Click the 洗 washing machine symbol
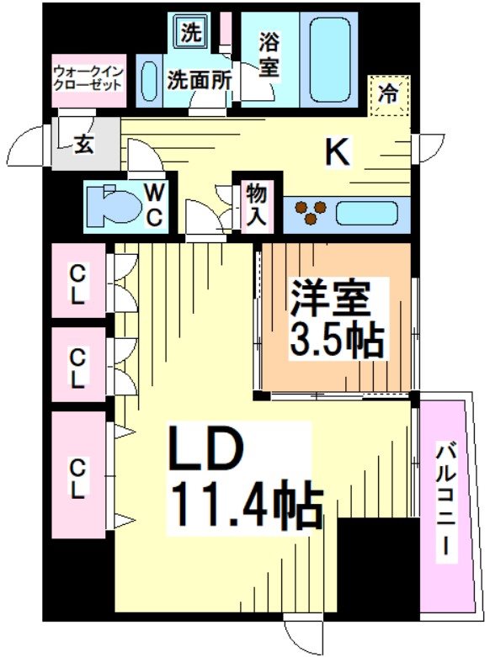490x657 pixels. click(x=193, y=34)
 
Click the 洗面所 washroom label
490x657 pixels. click(x=199, y=81)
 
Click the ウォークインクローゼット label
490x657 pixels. click(x=89, y=79)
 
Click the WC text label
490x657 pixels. click(x=155, y=204)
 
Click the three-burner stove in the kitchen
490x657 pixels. click(x=310, y=212)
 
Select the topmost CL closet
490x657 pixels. click(x=78, y=284)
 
